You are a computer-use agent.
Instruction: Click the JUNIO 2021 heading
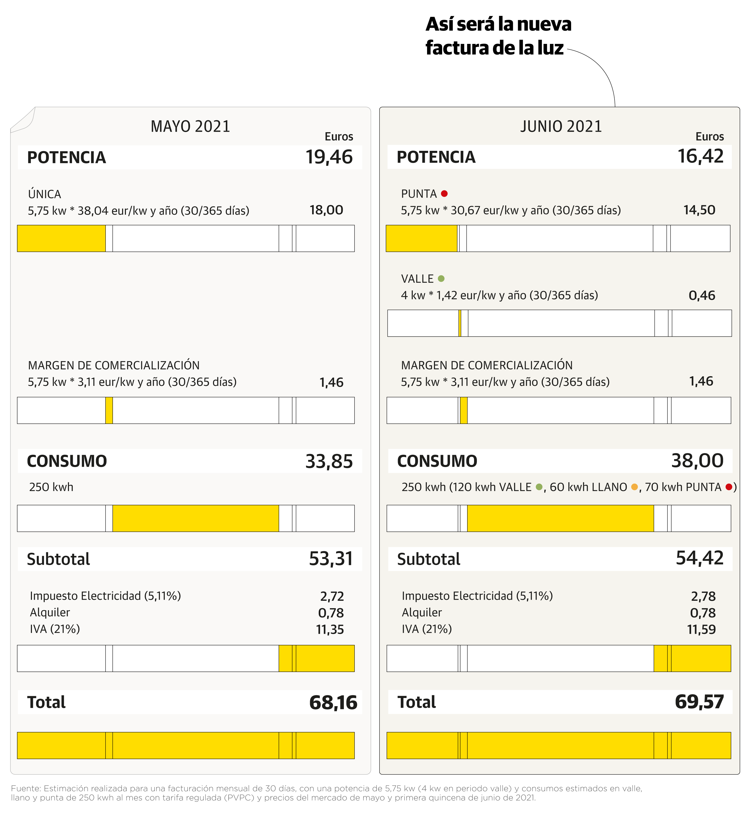[x=561, y=126]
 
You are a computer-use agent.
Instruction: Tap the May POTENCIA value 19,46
[x=329, y=157]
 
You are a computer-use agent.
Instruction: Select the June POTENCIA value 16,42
[x=700, y=156]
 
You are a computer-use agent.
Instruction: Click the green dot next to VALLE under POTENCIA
[x=441, y=278]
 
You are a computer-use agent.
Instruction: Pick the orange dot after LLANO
[x=634, y=487]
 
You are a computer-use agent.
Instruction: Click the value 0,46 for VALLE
[x=702, y=295]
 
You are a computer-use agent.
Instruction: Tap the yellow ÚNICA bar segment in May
[x=61, y=238]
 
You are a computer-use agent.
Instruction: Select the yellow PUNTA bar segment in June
[x=421, y=238]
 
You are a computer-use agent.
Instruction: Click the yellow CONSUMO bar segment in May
[x=195, y=518]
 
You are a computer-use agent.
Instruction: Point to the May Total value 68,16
[x=333, y=702]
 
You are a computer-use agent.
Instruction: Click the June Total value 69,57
[x=699, y=701]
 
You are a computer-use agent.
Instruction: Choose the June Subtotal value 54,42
[x=699, y=558]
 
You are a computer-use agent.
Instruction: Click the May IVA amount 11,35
[x=330, y=629]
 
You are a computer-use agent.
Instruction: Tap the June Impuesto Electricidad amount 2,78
[x=703, y=596]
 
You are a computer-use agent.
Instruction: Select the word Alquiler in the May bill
[x=50, y=613]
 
